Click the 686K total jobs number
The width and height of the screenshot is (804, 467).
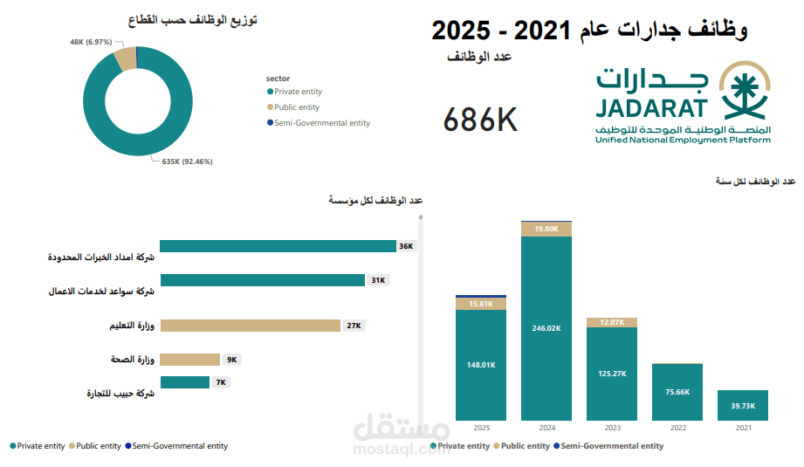[x=480, y=120]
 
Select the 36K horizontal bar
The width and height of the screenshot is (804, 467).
[x=278, y=246]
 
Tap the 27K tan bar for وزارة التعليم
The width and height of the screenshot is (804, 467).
[x=250, y=326]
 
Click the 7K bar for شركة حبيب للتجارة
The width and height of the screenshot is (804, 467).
[x=184, y=382]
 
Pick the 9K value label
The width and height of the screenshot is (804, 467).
[x=231, y=360]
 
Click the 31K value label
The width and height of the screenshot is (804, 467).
[x=378, y=280]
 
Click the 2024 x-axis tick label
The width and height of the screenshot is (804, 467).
[x=546, y=429]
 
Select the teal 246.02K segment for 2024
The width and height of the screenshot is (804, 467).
[x=546, y=328]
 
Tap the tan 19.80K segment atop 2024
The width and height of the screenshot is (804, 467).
[x=546, y=229]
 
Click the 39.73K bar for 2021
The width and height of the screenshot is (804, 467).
[x=742, y=406]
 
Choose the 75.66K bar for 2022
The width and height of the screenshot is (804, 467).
[x=677, y=392]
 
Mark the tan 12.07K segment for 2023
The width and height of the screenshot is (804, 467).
[x=612, y=322]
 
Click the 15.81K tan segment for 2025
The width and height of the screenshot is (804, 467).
[x=481, y=304]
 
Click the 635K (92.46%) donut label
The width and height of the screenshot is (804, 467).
[x=187, y=161]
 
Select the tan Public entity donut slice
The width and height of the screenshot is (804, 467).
[x=125, y=58]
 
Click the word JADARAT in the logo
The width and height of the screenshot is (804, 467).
[x=652, y=107]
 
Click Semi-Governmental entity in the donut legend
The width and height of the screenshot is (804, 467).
[x=321, y=123]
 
